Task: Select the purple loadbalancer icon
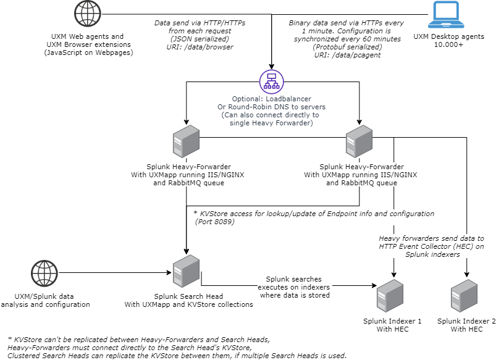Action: tap(271, 82)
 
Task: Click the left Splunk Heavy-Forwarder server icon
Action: tap(185, 143)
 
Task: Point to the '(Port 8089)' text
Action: tap(214, 221)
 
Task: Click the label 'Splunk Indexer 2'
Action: tap(466, 321)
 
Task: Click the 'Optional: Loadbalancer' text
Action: tap(271, 99)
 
